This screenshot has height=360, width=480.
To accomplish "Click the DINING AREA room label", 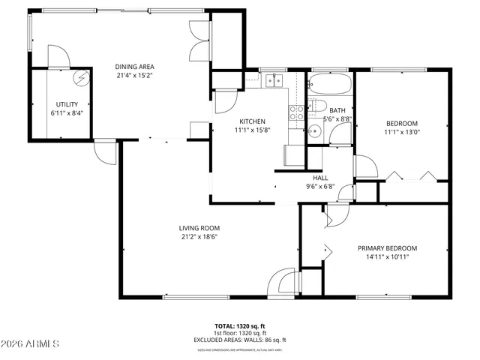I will pos(135,66).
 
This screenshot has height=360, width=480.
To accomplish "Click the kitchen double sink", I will pos(274,79).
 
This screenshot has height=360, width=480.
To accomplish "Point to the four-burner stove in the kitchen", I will pos(296,112).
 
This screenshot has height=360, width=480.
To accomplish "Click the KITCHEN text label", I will pos(252,121).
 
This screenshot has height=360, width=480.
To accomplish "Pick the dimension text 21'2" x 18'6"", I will pos(199,237).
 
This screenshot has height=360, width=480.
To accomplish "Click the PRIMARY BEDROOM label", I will pos(387,248).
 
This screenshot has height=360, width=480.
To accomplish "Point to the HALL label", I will pos(320,178).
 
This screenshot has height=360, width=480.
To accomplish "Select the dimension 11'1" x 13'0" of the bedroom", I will pos(402,132).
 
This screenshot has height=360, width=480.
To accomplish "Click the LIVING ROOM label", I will pos(199,228).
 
